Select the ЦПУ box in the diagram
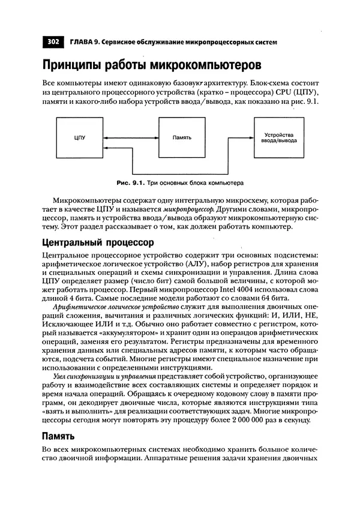click(80, 137)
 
